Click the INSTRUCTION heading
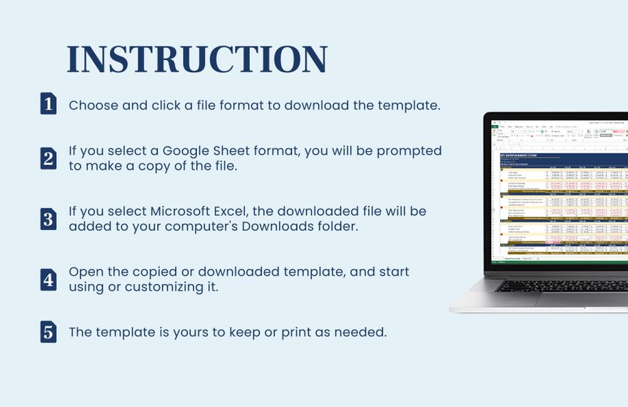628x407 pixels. pyautogui.click(x=197, y=59)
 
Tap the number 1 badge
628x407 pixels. pyautogui.click(x=48, y=104)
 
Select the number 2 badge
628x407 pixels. pyautogui.click(x=48, y=158)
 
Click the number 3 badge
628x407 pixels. pyautogui.click(x=48, y=218)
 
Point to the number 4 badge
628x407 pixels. pyautogui.click(x=48, y=279)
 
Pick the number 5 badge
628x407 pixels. pyautogui.click(x=48, y=332)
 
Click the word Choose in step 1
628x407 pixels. pyautogui.click(x=93, y=105)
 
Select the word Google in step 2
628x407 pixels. pyautogui.click(x=187, y=151)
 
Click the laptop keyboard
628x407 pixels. pyautogui.click(x=564, y=286)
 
